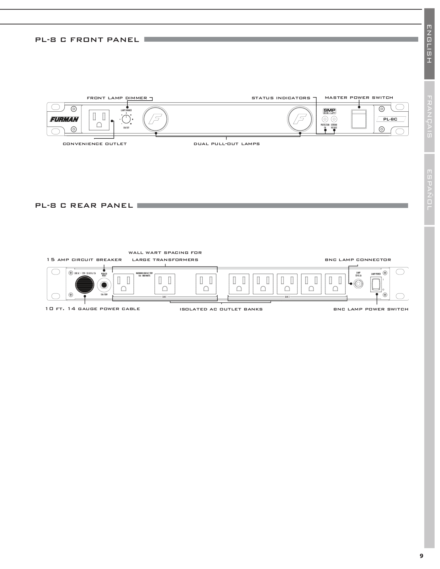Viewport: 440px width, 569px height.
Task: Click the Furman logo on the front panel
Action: (64, 119)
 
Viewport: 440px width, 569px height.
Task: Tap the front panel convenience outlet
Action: (99, 119)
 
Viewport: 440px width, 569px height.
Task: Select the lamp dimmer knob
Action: (126, 119)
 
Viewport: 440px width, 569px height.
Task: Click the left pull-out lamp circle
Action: (155, 119)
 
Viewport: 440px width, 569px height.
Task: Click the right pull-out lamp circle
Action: (301, 119)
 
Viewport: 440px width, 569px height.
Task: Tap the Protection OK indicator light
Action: (325, 119)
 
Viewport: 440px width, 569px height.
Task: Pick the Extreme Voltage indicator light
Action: (334, 119)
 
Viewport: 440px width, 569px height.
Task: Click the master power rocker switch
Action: (359, 119)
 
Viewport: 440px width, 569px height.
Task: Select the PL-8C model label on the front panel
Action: (390, 119)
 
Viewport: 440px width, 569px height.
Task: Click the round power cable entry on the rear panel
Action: (85, 284)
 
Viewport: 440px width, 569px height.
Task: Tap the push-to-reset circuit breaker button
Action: (104, 285)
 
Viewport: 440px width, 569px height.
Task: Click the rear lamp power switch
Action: (376, 284)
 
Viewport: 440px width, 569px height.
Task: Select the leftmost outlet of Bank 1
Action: (123, 284)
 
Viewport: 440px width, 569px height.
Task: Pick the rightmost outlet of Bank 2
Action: (335, 284)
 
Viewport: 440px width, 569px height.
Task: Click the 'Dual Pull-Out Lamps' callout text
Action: (227, 144)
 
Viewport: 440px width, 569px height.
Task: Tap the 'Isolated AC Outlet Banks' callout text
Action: (221, 309)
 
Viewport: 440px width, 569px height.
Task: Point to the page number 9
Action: (421, 556)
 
